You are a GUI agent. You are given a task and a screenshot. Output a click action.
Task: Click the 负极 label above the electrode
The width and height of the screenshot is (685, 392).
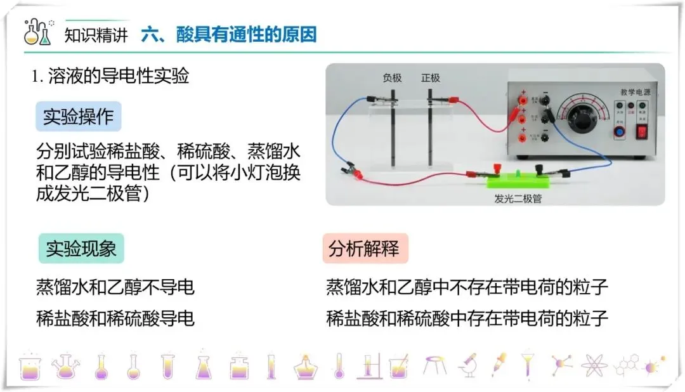392,78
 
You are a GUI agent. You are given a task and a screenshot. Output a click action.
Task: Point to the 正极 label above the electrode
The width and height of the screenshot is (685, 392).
430,78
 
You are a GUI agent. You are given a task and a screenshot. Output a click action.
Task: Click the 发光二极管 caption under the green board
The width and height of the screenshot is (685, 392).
518,198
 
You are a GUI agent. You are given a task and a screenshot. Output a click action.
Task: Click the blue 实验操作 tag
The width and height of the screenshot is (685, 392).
78,117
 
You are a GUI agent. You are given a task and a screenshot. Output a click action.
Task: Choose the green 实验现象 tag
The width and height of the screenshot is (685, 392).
81,248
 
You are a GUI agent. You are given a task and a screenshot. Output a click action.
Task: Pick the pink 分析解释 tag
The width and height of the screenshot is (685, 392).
365,248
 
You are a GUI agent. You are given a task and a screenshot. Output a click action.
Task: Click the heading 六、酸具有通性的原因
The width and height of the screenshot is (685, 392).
229,34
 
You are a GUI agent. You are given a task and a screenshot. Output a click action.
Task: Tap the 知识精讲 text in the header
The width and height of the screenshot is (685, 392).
96,35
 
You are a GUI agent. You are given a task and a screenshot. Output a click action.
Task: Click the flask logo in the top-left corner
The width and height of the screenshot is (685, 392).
37,32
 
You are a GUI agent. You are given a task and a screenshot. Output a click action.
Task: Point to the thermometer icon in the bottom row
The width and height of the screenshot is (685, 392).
339,366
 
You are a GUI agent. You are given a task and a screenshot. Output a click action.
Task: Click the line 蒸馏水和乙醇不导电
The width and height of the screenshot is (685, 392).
115,287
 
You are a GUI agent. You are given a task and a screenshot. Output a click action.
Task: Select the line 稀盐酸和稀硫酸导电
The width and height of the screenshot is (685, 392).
115,318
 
